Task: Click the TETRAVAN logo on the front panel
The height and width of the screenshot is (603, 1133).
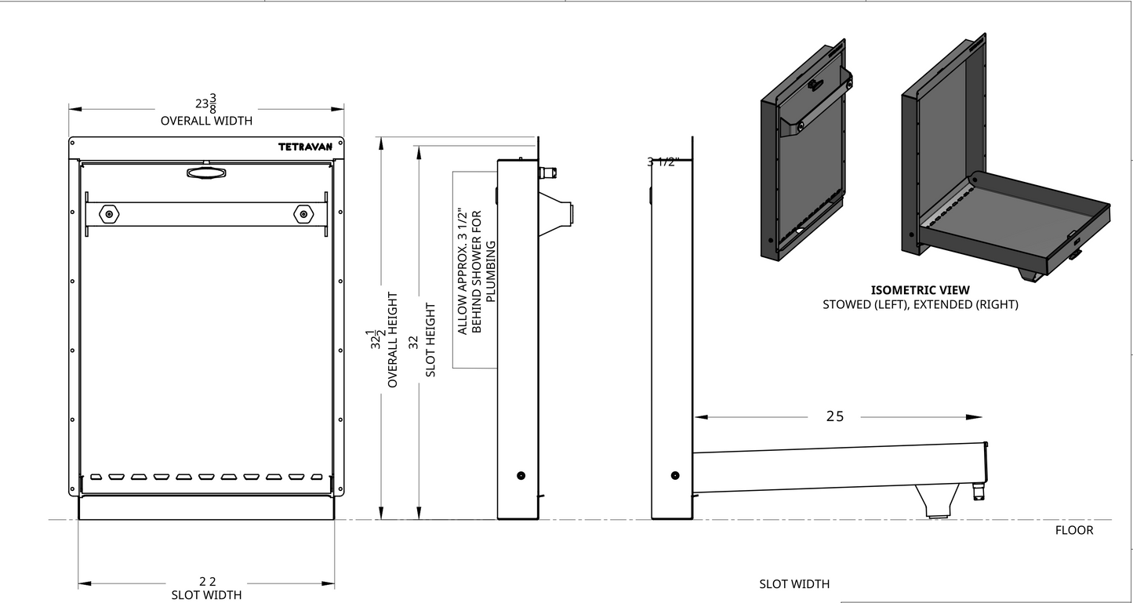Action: click(306, 147)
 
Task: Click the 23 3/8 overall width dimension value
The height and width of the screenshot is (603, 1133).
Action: click(206, 103)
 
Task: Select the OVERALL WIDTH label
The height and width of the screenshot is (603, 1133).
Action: click(206, 121)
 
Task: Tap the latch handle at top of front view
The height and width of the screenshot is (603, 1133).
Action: click(206, 172)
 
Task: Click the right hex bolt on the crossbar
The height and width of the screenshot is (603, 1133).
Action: click(302, 213)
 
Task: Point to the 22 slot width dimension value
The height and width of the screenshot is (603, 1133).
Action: click(207, 581)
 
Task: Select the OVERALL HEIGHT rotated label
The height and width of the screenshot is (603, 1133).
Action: click(393, 340)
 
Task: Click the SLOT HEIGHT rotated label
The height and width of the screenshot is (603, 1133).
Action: click(430, 340)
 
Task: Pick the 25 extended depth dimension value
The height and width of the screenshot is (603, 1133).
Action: click(835, 416)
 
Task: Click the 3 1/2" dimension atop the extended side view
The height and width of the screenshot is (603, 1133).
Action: click(662, 162)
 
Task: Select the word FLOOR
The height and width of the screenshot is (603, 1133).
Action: click(1073, 530)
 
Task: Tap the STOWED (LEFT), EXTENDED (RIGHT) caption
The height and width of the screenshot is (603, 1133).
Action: click(920, 304)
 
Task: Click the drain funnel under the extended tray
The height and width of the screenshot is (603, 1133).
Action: click(937, 502)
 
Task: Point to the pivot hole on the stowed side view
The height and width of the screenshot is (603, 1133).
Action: click(521, 475)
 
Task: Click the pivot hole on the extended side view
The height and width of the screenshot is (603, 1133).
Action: click(675, 475)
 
